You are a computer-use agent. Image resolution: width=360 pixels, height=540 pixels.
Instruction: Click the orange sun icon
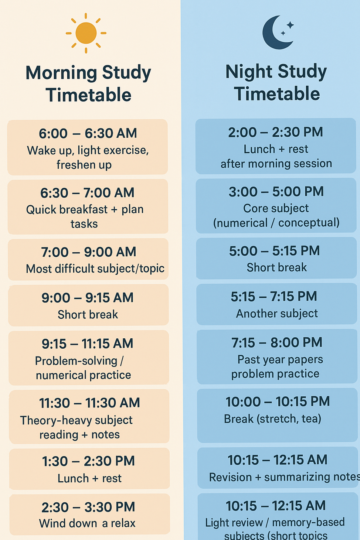click(x=86, y=33)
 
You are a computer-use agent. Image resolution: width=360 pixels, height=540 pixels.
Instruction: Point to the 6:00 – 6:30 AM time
click(x=88, y=133)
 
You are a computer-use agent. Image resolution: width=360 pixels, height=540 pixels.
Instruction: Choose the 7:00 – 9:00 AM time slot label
click(x=89, y=252)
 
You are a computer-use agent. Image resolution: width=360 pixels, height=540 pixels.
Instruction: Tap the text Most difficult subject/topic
click(x=95, y=269)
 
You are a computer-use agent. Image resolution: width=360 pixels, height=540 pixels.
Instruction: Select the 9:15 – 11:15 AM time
click(x=88, y=344)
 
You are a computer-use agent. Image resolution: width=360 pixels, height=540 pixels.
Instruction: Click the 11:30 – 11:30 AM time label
click(x=89, y=403)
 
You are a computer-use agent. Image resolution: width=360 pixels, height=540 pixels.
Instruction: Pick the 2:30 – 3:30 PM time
click(x=88, y=507)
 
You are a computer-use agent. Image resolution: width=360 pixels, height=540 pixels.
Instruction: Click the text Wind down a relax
click(x=87, y=523)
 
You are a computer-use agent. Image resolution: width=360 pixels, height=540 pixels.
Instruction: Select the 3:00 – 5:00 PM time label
click(x=276, y=192)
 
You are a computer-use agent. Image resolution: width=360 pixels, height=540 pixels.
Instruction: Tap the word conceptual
click(x=309, y=223)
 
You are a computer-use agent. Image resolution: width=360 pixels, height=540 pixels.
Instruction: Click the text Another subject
click(x=277, y=314)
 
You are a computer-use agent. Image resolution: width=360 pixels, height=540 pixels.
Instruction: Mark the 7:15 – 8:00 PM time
click(x=277, y=343)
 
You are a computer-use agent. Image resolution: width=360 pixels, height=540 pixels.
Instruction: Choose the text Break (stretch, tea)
click(x=273, y=419)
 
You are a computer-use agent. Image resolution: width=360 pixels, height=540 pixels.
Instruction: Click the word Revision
click(x=230, y=477)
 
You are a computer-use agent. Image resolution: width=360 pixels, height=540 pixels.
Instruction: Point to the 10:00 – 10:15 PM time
click(x=278, y=401)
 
